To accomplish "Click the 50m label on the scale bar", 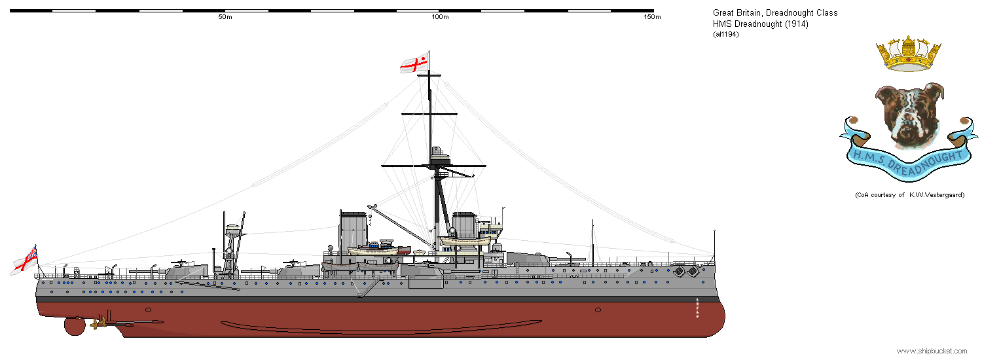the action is click(x=225, y=17).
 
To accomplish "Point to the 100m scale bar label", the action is click(x=440, y=17).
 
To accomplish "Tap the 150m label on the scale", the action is click(x=652, y=17).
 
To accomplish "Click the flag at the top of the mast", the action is click(x=414, y=63).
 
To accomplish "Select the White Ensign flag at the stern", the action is click(x=25, y=261).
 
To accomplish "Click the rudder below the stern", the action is click(x=75, y=326).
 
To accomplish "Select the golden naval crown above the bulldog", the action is click(x=909, y=54).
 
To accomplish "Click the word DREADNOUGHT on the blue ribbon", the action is click(x=926, y=163).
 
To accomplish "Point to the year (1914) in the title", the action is click(x=796, y=24).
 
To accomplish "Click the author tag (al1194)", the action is click(x=725, y=34).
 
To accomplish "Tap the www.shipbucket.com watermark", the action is click(x=932, y=351).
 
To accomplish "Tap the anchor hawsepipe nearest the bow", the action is click(x=693, y=272).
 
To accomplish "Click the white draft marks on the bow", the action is click(x=697, y=308).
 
